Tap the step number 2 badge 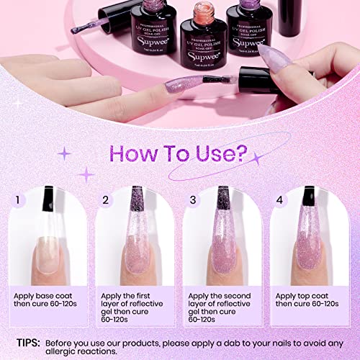(x=105, y=199)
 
